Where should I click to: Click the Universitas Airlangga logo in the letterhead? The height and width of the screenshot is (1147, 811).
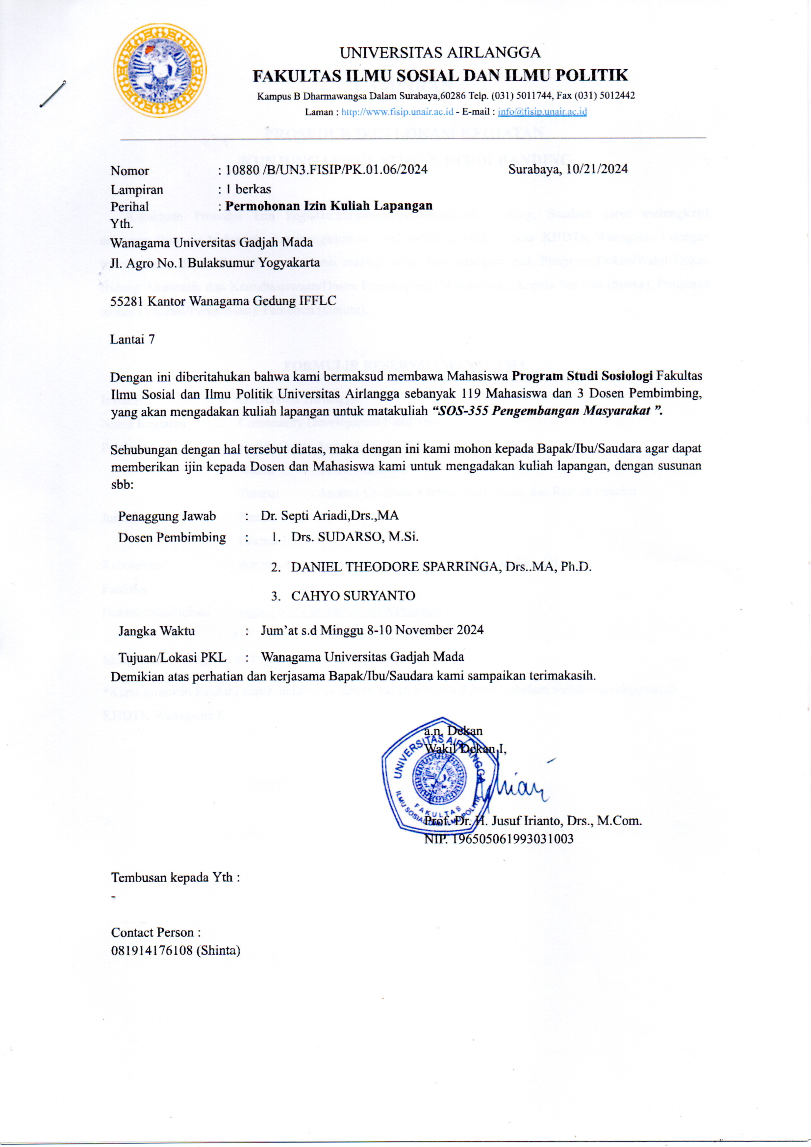tap(159, 70)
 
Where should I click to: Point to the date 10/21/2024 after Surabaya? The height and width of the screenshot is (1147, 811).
tap(597, 169)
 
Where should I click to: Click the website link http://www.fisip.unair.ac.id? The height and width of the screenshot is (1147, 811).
tap(397, 112)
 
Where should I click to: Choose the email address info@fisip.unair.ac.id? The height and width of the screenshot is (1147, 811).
tap(542, 112)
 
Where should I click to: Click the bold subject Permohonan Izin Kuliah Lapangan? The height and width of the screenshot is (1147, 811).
tap(329, 206)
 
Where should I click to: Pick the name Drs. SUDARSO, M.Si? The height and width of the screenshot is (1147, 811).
tap(355, 537)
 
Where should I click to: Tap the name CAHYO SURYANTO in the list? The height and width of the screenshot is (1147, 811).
tap(353, 596)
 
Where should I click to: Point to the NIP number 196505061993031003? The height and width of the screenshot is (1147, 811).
tap(512, 839)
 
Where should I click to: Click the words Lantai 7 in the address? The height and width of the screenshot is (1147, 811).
tap(132, 339)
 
